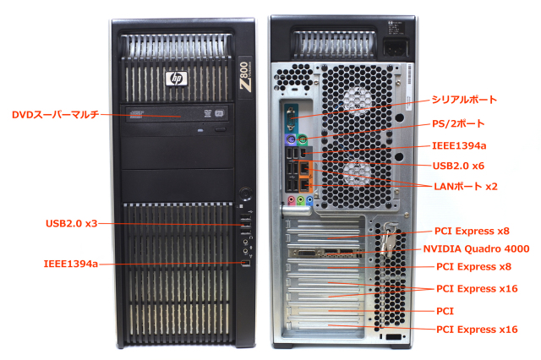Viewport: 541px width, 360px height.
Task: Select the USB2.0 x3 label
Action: pos(72,224)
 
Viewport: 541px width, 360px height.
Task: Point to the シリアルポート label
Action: pos(465,100)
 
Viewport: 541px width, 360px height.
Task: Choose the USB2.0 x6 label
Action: pos(458,166)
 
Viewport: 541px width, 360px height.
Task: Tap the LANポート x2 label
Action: pos(464,185)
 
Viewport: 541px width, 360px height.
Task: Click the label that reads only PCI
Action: pos(445,310)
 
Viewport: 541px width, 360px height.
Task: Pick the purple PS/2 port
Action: pos(290,140)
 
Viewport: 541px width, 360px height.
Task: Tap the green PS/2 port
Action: pos(302,140)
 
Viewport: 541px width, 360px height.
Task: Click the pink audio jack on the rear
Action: pos(290,201)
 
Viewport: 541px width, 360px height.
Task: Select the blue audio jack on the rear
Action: pos(310,201)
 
